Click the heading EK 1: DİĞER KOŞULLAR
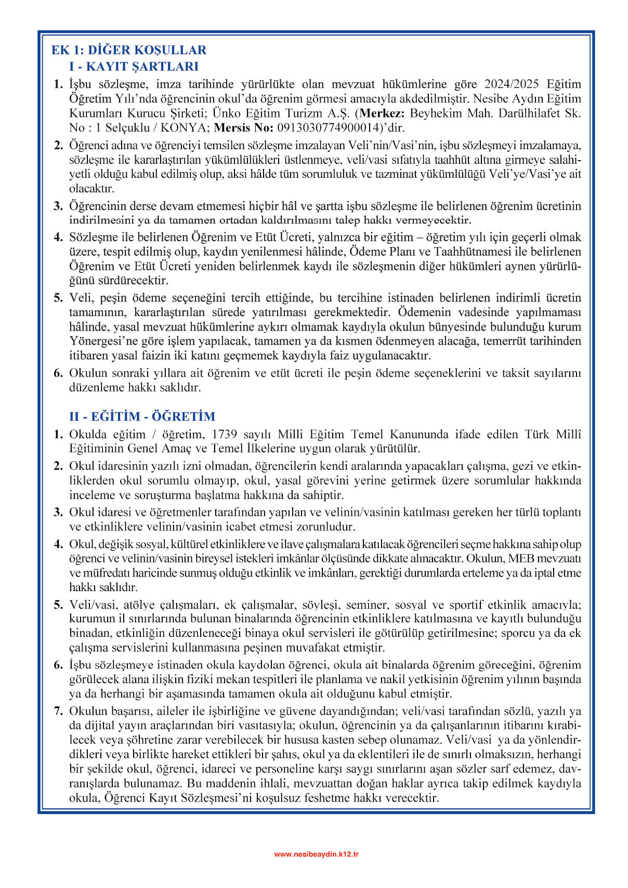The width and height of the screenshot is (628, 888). tap(128, 50)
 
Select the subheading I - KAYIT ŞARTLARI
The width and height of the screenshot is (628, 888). tap(134, 67)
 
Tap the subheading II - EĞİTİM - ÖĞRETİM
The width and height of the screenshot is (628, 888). tap(142, 416)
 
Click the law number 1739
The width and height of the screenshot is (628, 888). tap(225, 435)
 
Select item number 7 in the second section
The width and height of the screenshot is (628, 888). tap(58, 711)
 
